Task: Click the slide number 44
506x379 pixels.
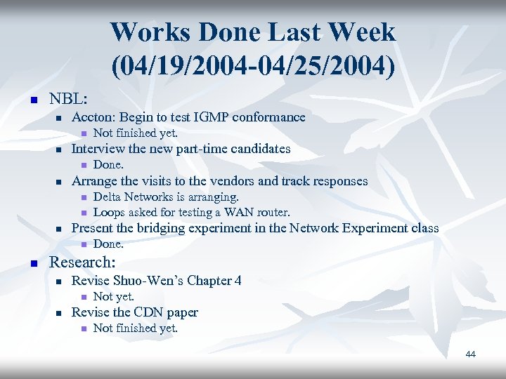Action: tap(470, 354)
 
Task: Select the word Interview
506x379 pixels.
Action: tap(98, 149)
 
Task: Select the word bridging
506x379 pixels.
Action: tap(155, 228)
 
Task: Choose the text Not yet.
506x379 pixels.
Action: tap(114, 297)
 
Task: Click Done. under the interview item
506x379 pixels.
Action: tap(108, 165)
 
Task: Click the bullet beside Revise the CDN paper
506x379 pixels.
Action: tap(60, 313)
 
